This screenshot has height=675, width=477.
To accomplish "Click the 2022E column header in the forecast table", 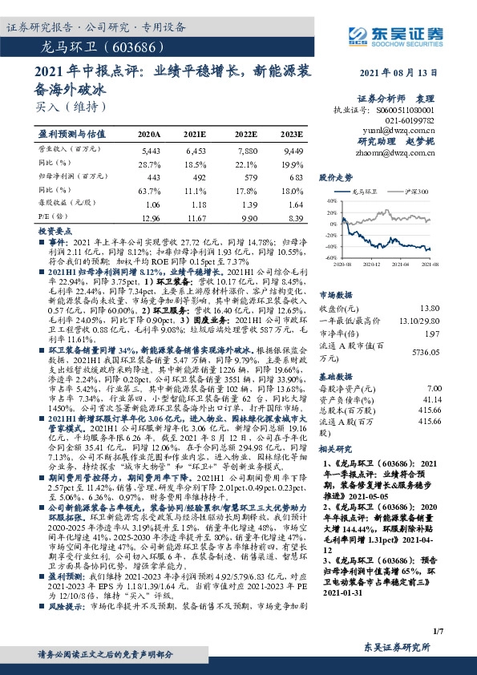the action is (x=246, y=134).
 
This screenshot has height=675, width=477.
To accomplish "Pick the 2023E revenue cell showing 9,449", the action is (x=293, y=150).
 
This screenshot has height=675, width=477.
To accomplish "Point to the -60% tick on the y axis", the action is (x=329, y=258).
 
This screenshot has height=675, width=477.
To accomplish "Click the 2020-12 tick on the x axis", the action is (x=374, y=263).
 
